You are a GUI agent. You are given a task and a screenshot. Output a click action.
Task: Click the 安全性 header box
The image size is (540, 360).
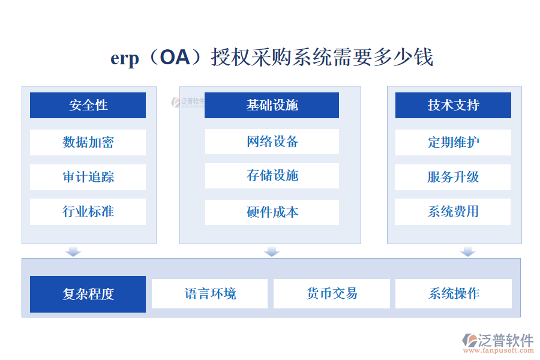(x=88, y=105)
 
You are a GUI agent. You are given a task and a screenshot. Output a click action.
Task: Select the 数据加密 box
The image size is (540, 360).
(x=88, y=142)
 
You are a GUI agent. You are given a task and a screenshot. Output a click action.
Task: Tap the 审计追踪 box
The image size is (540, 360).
(x=88, y=177)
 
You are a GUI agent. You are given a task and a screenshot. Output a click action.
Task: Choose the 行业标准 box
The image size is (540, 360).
(x=88, y=212)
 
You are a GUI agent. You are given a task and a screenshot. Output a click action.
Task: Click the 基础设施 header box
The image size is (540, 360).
(x=271, y=105)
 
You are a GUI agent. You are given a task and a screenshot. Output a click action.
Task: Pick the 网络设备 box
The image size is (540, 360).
(x=271, y=142)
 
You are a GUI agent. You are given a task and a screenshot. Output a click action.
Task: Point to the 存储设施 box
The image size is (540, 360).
(x=271, y=176)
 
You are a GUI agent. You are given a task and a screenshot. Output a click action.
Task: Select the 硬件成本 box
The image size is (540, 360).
(x=271, y=212)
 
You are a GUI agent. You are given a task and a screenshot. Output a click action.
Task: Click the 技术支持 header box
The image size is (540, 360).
(x=453, y=105)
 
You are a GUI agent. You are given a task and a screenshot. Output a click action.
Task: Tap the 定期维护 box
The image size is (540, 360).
(x=453, y=142)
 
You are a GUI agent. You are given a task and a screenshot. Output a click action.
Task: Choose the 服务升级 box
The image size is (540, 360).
(x=453, y=177)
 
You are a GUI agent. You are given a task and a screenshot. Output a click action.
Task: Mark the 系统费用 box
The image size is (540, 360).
(x=453, y=212)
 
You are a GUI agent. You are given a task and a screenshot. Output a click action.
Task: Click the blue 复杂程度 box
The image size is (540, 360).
(x=88, y=294)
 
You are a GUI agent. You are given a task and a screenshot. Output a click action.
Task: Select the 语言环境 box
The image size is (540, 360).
(x=209, y=293)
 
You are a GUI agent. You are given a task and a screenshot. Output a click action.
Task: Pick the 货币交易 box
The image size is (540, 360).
(x=331, y=293)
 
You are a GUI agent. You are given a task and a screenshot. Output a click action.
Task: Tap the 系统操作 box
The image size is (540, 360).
(x=453, y=293)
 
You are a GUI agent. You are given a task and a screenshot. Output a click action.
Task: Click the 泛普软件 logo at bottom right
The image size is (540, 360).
(x=497, y=341)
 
